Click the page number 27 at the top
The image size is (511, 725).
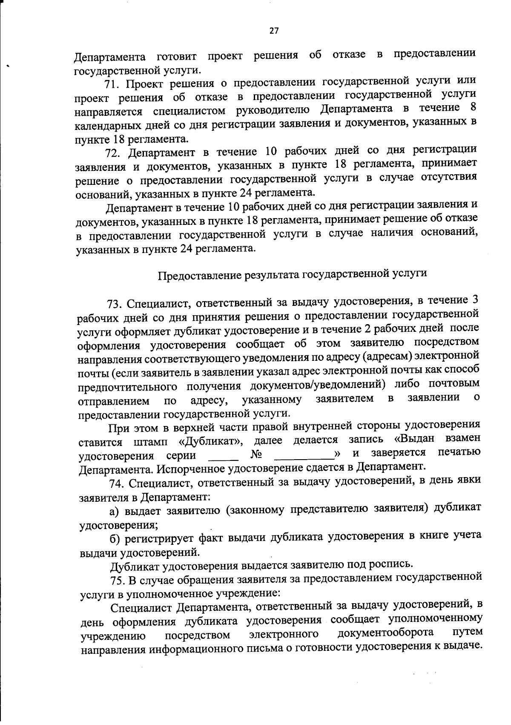coord(273,30)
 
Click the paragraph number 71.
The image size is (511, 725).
coord(112,84)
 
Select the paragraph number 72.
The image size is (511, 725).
coord(113,153)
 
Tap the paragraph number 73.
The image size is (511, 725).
coord(115,304)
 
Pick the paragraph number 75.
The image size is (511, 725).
coord(118,580)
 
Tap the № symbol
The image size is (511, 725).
coord(256,455)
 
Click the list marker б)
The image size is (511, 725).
coord(116,539)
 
